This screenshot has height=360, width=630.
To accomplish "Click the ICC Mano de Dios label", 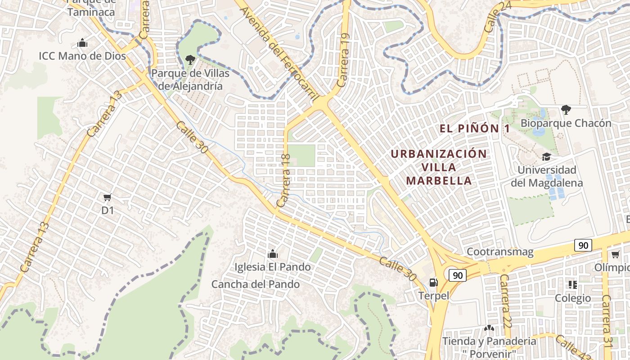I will point(82,56).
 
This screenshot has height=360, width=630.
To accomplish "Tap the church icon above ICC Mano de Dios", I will point(82,44).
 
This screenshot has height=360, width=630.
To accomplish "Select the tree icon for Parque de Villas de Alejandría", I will point(190,59).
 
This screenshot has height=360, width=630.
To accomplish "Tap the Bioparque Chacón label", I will point(566,123).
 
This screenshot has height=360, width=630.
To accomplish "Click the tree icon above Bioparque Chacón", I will point(566,109).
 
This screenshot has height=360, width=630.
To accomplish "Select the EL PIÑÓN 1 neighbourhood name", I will point(475,129).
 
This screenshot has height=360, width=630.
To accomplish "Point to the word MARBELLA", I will point(439,181).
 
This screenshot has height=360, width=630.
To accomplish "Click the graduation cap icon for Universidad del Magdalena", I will point(546,157).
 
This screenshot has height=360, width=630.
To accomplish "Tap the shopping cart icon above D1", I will point(107,197).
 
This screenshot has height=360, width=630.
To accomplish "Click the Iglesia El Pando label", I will point(272,267).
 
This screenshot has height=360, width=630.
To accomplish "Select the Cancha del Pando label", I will point(256,284).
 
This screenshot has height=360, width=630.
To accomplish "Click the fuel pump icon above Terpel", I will point(433,282).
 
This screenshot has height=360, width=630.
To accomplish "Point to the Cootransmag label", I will point(500,252).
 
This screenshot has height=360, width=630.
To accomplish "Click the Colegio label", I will point(573,298).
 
